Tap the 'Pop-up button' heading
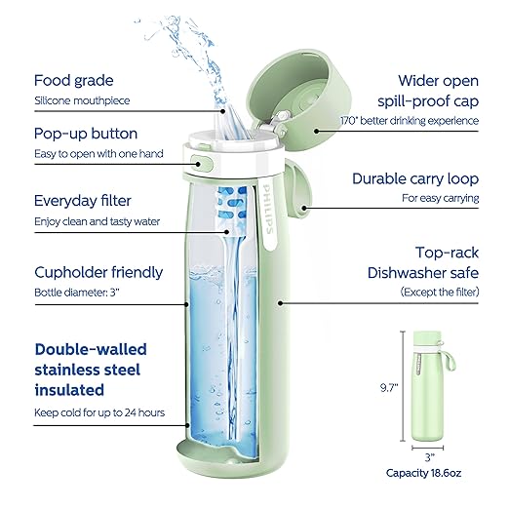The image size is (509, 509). tap(86, 133)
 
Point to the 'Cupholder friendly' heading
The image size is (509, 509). tap(98, 272)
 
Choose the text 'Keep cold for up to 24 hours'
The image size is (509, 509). tap(99, 412)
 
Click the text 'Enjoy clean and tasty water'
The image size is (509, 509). tap(98, 222)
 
